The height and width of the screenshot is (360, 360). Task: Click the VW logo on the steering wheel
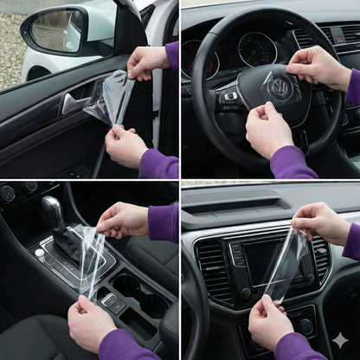pos(280,87)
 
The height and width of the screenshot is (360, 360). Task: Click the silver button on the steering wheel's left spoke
pos(230,96)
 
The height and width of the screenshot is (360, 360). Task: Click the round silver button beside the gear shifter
pos(40,253)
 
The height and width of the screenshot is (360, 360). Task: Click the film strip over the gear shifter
pos(91,260)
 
